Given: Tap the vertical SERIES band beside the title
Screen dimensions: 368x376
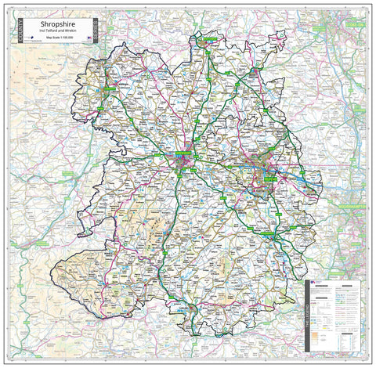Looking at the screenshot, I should pyautogui.click(x=94, y=34).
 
